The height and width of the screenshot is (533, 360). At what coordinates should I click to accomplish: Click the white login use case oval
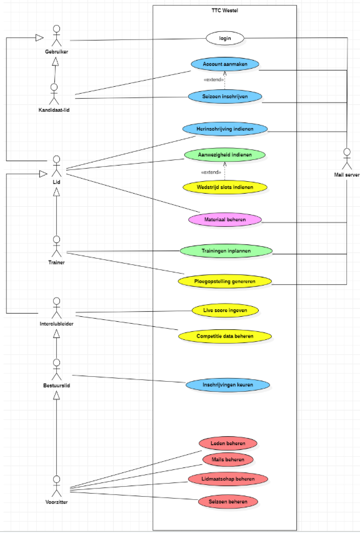pos(224,39)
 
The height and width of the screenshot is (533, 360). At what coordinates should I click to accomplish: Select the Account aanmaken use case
pos(224,64)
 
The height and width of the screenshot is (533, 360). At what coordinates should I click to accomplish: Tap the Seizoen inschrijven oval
pos(224,96)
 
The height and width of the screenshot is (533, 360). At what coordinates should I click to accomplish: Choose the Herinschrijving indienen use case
pos(224,129)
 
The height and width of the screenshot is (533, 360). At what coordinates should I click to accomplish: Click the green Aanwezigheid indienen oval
pos(224,154)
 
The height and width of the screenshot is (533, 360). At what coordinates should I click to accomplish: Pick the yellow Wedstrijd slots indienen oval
pos(224,187)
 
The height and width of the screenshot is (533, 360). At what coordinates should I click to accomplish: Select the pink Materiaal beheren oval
pos(224,220)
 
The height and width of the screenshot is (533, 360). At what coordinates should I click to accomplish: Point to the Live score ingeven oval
pos(224,310)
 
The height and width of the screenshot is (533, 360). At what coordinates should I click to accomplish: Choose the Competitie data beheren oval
pos(224,336)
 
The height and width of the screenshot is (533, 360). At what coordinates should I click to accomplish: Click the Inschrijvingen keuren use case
pos(227,385)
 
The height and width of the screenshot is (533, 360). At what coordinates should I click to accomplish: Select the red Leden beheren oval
pos(227,444)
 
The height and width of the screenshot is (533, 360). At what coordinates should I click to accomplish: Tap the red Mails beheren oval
pos(227,460)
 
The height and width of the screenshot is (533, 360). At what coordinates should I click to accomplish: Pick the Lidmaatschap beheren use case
pos(227,479)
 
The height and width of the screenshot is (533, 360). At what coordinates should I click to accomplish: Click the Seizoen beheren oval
pos(227,501)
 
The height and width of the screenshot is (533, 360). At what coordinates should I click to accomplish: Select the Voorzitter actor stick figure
pos(56,484)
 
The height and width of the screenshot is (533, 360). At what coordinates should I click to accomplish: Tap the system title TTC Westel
pos(225,11)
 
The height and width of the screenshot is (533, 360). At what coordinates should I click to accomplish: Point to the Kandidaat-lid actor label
pos(55,111)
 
